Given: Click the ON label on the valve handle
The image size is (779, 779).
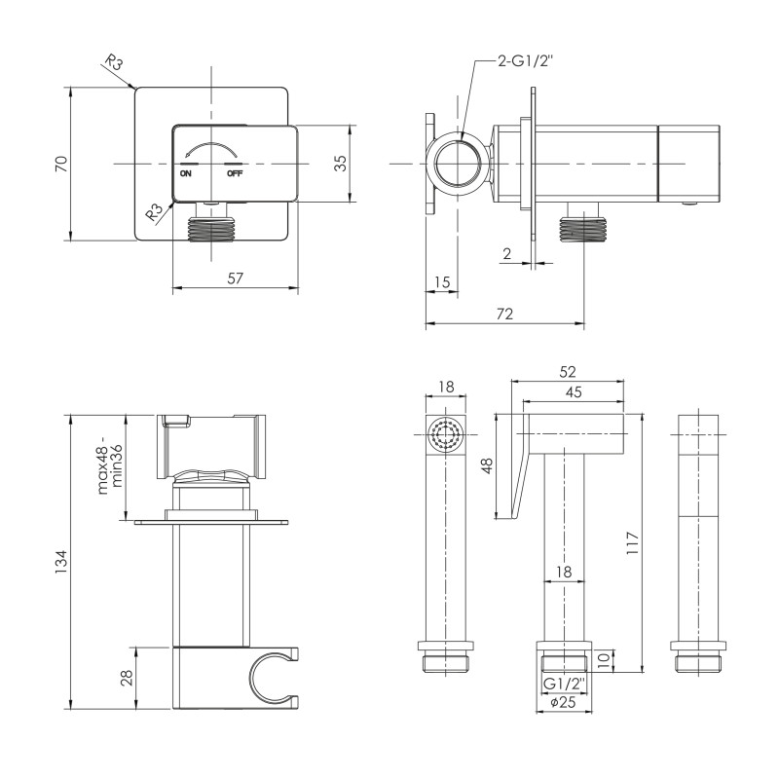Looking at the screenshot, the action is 185,173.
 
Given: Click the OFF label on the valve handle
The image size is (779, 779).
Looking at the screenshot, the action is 235,173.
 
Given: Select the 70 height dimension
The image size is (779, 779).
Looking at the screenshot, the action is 61,164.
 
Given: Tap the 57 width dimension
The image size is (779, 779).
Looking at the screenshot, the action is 235,278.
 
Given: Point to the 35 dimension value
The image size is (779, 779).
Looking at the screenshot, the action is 340,163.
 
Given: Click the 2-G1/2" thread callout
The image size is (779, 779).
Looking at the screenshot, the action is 525,61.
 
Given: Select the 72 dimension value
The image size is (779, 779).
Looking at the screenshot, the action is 504,314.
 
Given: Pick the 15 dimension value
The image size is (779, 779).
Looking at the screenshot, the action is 442,282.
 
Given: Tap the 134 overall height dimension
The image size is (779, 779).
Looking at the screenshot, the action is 60,562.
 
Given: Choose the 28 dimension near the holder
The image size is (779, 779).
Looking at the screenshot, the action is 128,678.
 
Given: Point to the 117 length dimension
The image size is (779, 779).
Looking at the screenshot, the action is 632,543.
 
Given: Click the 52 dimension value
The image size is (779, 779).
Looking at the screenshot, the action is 568,372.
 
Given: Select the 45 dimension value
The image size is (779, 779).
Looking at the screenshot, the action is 574,392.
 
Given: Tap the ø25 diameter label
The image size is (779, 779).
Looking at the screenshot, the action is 564,702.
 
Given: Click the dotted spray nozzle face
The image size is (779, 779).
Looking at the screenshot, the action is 446,434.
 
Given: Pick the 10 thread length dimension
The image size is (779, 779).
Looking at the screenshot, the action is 603,661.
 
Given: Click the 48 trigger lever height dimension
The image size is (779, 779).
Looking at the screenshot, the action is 488,465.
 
